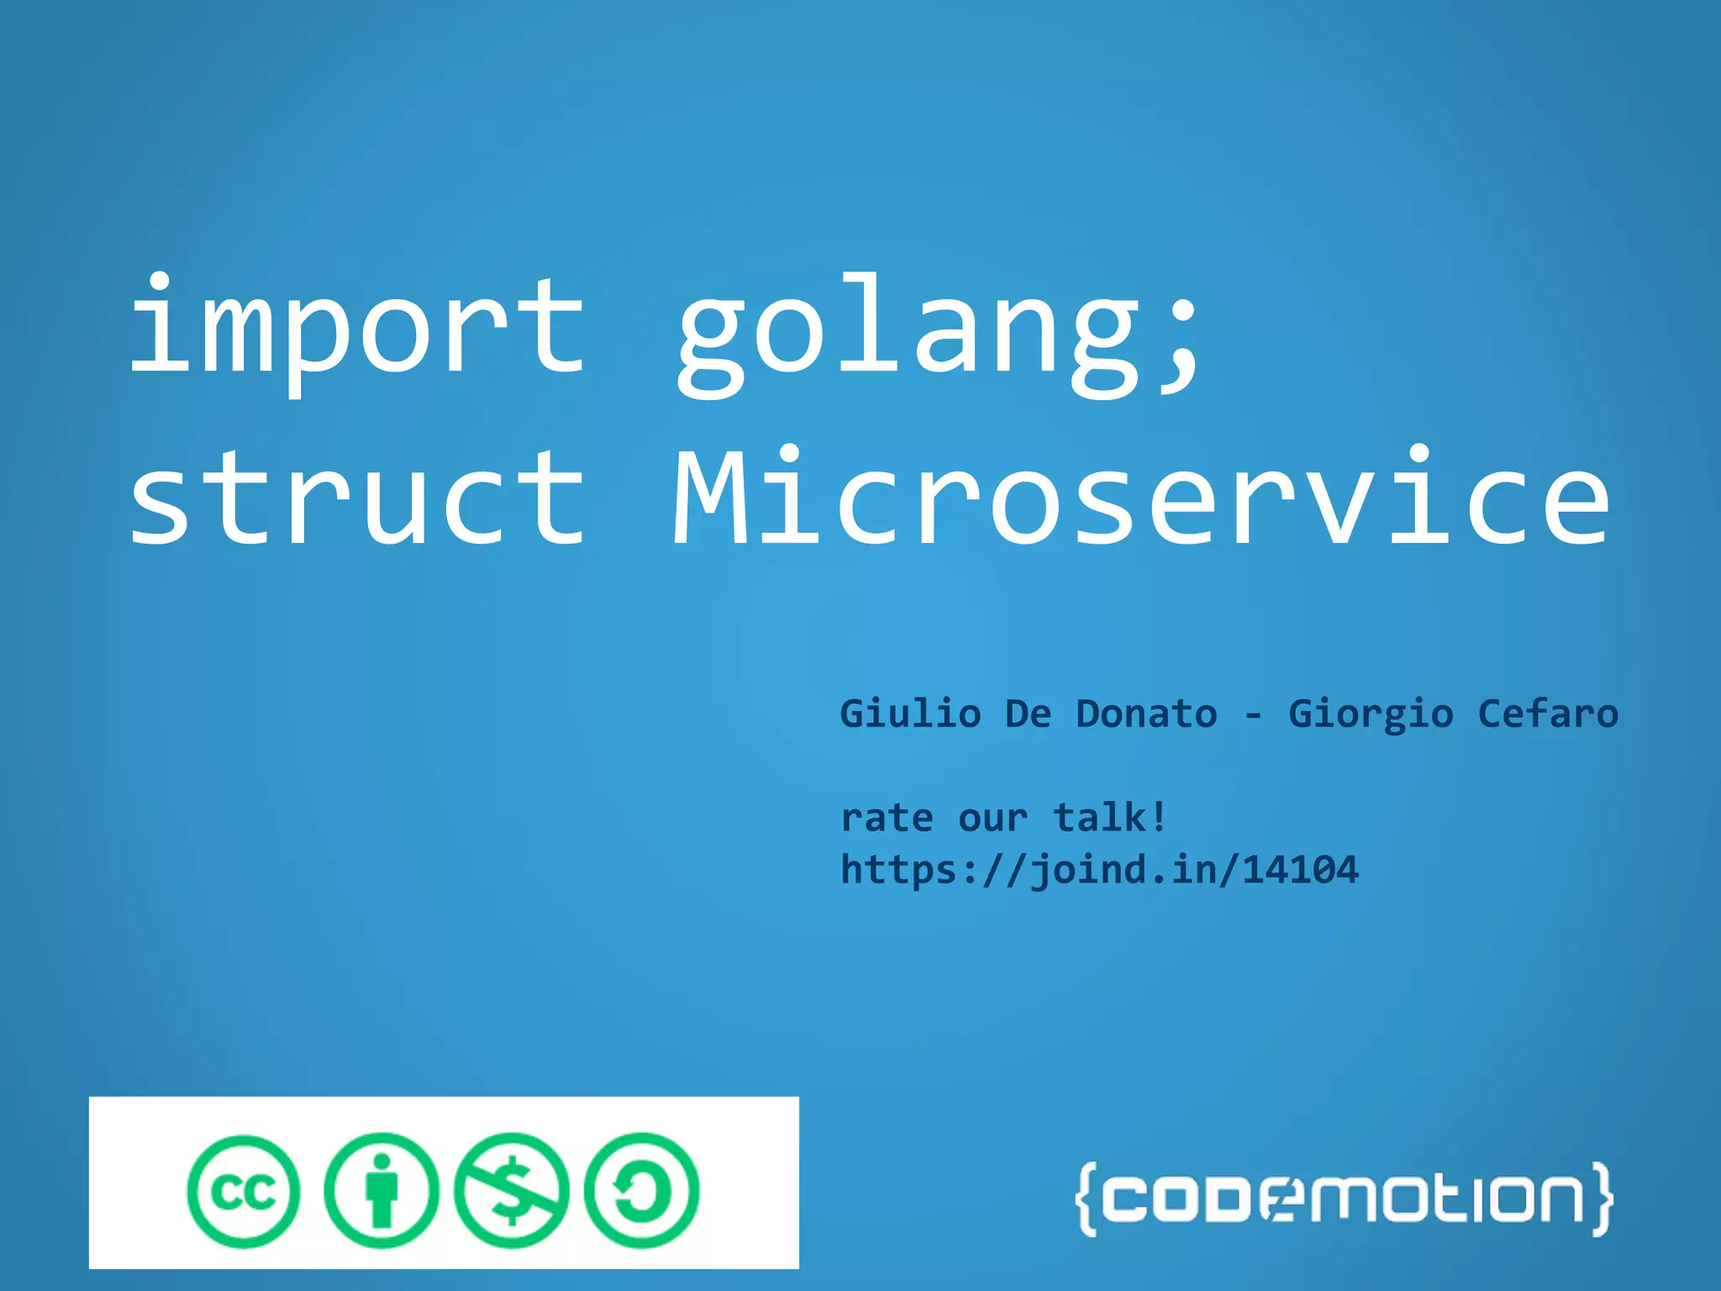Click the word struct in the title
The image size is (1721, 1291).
pyautogui.click(x=356, y=498)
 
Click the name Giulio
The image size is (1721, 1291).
pyautogui.click(x=910, y=714)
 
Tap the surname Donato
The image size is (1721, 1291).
pyautogui.click(x=1146, y=714)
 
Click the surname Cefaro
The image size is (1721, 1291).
pyautogui.click(x=1548, y=714)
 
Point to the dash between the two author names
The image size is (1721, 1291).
pyautogui.click(x=1253, y=716)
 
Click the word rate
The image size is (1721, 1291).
pyautogui.click(x=887, y=818)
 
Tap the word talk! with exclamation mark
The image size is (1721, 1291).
pyautogui.click(x=1110, y=817)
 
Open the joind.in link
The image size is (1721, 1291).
pyautogui.click(x=1099, y=870)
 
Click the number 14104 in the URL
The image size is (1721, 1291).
pyautogui.click(x=1300, y=870)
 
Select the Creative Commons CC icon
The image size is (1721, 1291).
pyautogui.click(x=244, y=1191)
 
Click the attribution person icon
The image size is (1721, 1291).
pyautogui.click(x=381, y=1191)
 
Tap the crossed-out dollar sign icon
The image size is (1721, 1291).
pyautogui.click(x=511, y=1191)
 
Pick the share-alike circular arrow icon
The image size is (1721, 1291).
pyautogui.click(x=641, y=1191)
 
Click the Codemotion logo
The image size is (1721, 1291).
pyautogui.click(x=1343, y=1199)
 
